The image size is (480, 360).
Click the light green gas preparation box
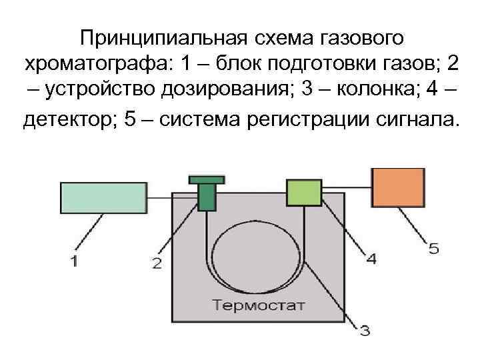click(x=103, y=198)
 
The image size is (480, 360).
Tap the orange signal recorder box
click(x=398, y=187)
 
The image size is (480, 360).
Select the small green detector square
click(x=303, y=193)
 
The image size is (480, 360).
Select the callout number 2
click(x=157, y=263)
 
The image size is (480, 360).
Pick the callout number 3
click(x=365, y=329)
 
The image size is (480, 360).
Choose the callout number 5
click(x=433, y=249)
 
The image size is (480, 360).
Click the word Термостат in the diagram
click(x=259, y=306)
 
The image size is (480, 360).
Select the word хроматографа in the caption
click(x=96, y=65)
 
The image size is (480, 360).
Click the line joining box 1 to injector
click(x=171, y=198)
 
